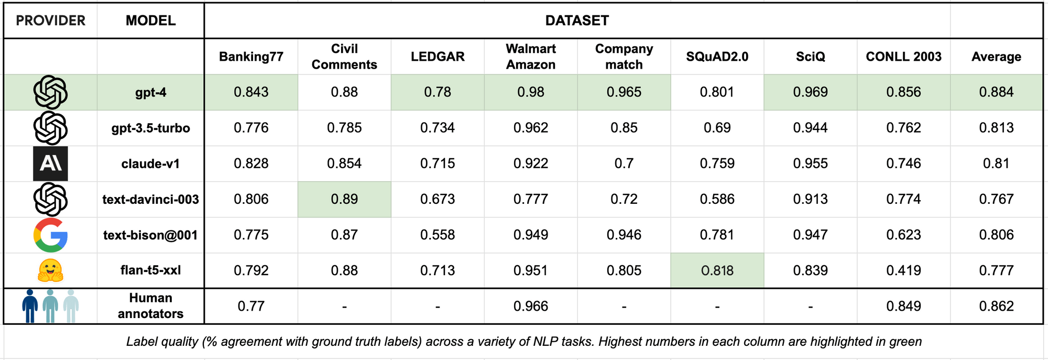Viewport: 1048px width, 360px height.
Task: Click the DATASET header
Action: (x=577, y=20)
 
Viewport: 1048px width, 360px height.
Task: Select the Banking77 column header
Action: (x=251, y=57)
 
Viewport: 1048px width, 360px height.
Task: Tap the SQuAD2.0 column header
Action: (x=717, y=57)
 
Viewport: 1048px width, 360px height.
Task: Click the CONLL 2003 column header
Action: (x=903, y=57)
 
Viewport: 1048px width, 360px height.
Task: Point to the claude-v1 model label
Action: (x=150, y=163)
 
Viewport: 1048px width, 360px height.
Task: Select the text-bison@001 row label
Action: (x=150, y=235)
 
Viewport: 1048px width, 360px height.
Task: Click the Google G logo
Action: (x=50, y=235)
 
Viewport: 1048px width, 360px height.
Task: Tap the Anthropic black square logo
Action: (x=50, y=163)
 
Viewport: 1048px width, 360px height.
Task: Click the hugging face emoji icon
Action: (x=50, y=270)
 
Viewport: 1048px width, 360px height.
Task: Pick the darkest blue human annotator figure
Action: (x=30, y=306)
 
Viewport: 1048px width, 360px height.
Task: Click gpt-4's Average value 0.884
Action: (x=996, y=92)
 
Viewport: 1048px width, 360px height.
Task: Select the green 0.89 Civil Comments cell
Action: (x=344, y=199)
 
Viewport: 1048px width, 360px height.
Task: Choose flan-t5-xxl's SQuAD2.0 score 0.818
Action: (x=717, y=270)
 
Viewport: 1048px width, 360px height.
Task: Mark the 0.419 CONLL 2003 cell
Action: (x=903, y=270)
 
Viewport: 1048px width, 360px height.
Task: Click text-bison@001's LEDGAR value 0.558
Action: (x=438, y=235)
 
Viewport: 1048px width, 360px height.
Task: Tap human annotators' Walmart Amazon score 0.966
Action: (x=531, y=306)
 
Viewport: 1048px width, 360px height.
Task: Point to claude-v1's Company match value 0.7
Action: (x=624, y=163)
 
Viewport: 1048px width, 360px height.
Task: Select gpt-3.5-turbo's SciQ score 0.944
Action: (x=810, y=128)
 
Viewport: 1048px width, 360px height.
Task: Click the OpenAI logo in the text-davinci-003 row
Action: (x=50, y=199)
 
